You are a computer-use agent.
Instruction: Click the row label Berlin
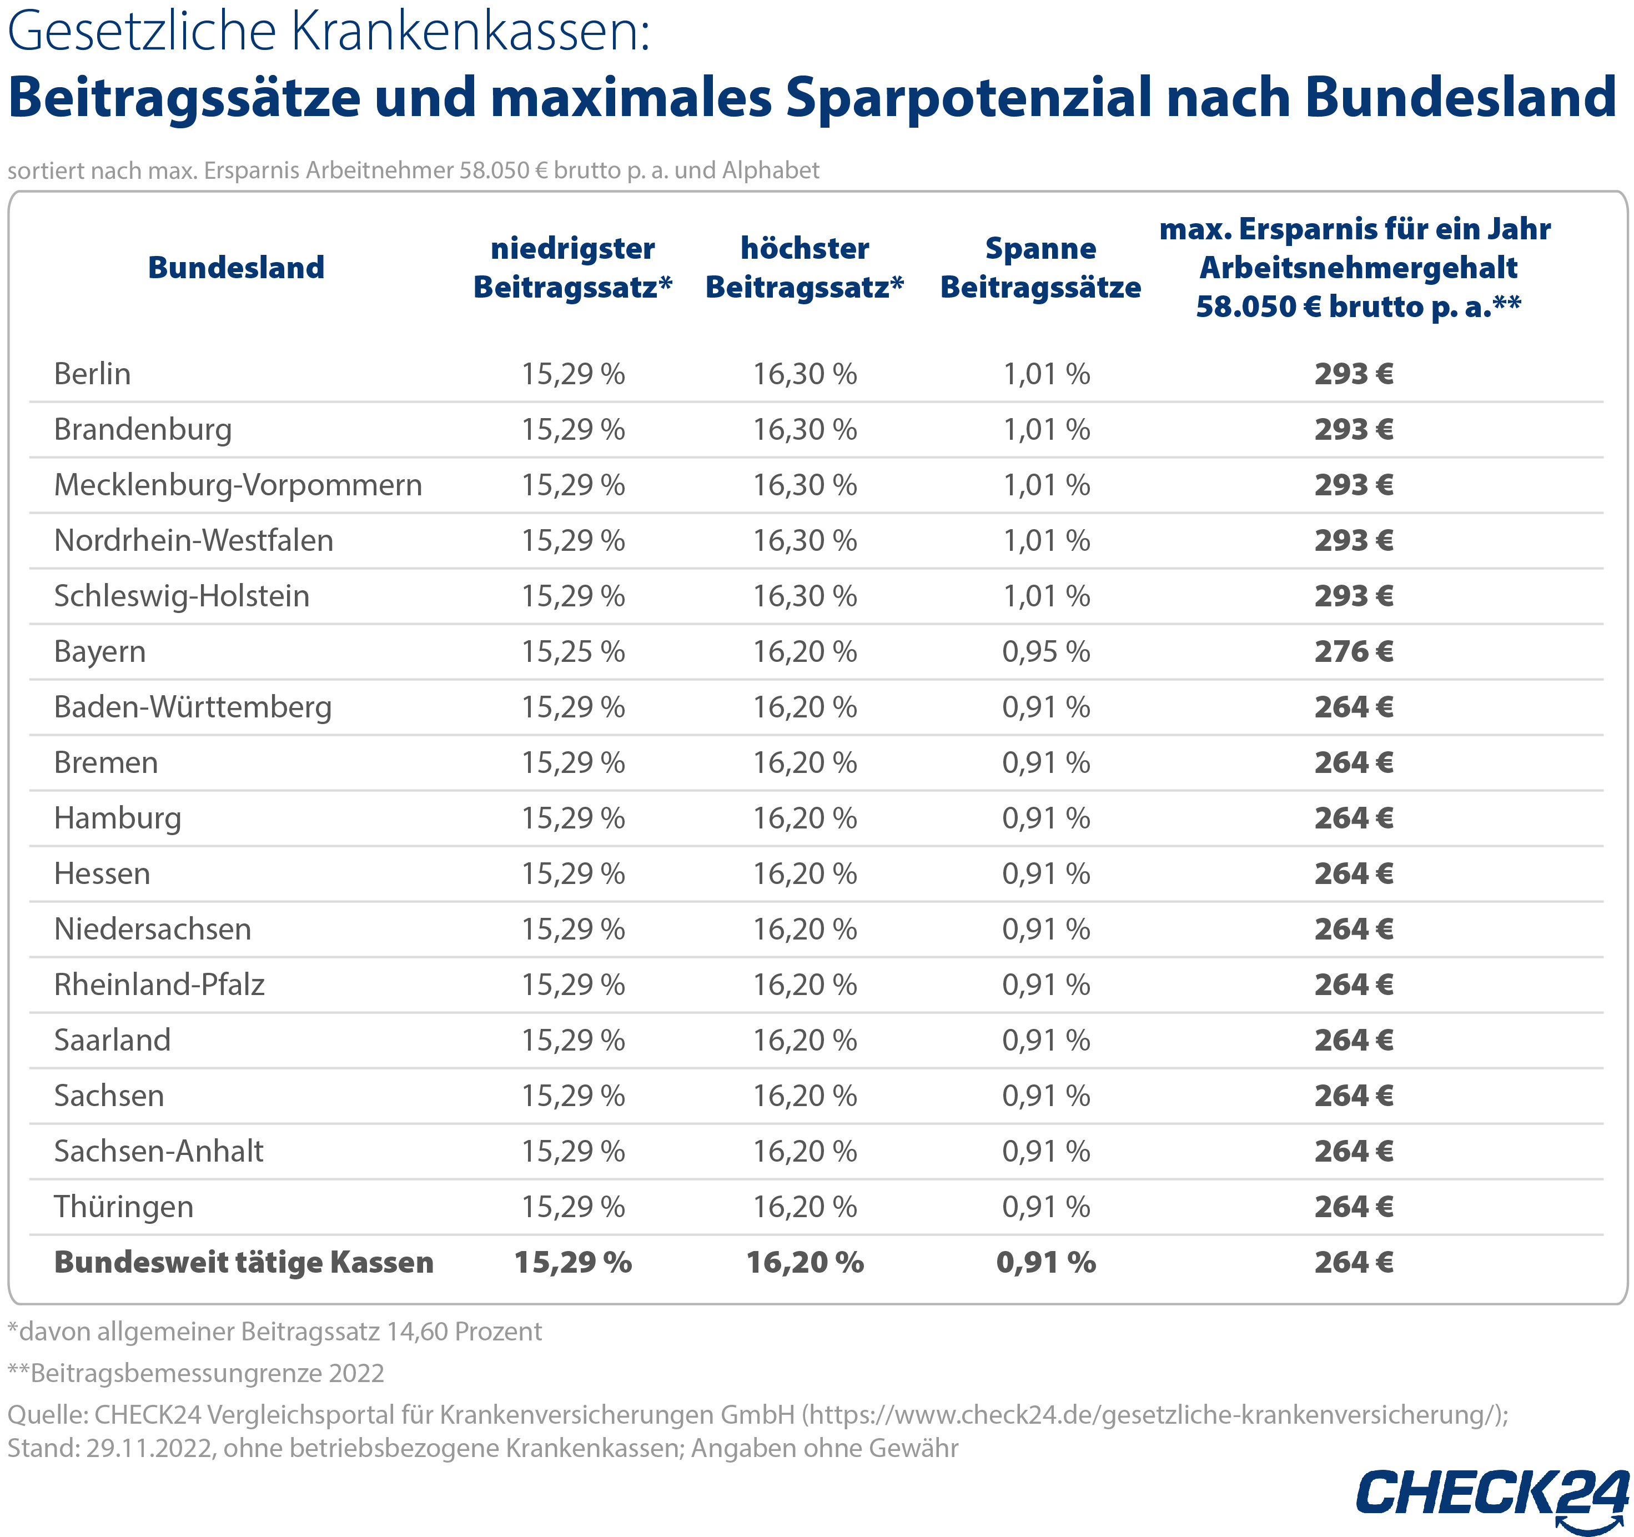click(92, 374)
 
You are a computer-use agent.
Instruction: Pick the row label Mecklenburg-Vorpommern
click(238, 485)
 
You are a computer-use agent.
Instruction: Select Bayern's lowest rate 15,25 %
click(573, 652)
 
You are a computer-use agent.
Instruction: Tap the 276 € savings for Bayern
click(1353, 652)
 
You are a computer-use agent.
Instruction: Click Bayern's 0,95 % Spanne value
click(1045, 652)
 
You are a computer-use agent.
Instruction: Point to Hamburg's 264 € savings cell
click(1353, 818)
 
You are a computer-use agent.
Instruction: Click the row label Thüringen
click(123, 1207)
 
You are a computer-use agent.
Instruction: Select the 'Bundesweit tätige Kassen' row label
click(243, 1263)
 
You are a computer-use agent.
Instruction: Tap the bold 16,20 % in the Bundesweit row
click(805, 1263)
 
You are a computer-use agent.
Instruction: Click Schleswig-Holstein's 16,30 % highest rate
click(805, 596)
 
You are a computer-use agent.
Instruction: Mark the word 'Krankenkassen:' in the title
click(470, 33)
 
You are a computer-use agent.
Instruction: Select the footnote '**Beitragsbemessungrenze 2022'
click(195, 1373)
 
